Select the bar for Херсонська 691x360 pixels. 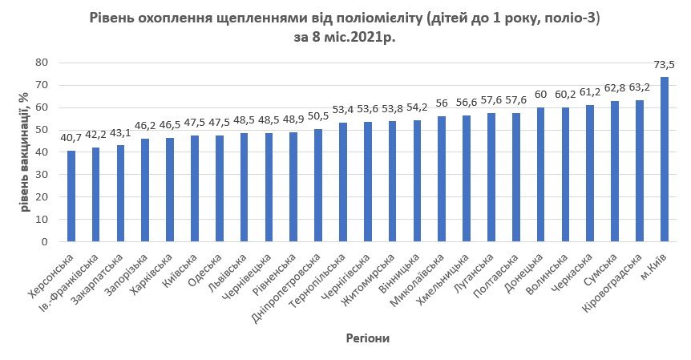pyautogui.click(x=71, y=196)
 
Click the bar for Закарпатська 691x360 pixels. pyautogui.click(x=121, y=193)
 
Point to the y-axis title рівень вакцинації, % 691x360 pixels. pyautogui.click(x=25, y=152)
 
